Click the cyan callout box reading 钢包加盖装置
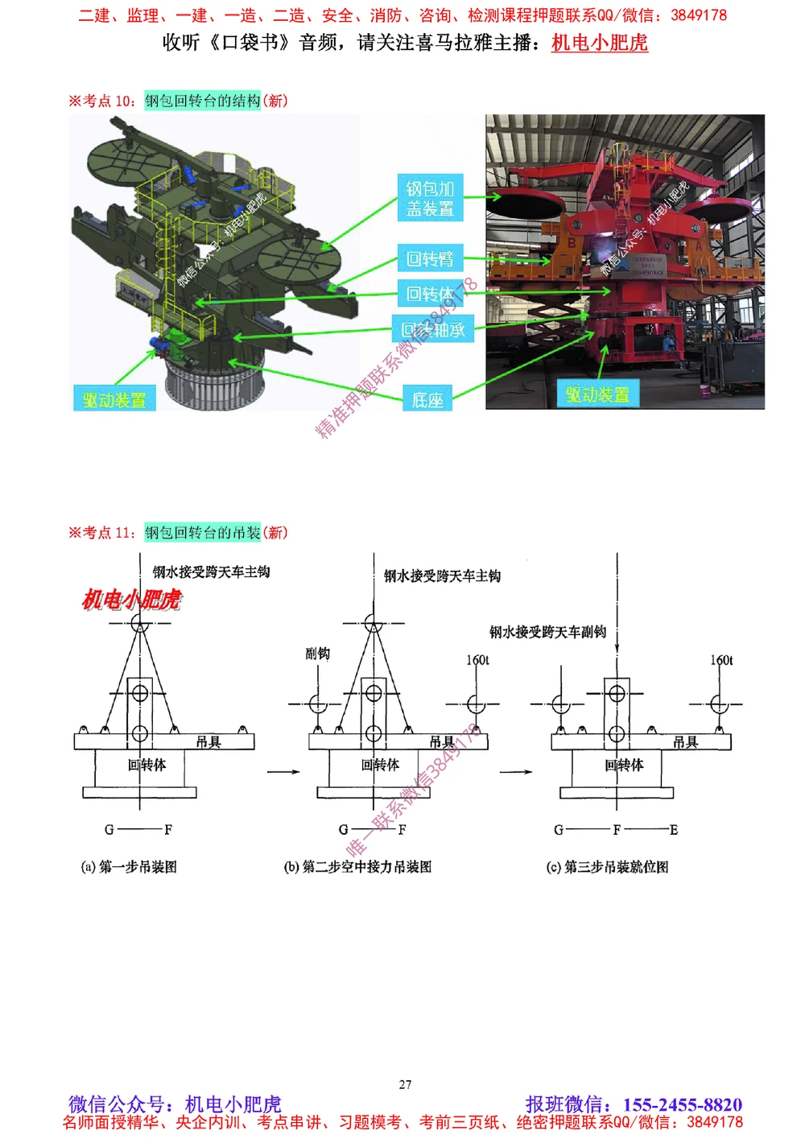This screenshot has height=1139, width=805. pos(430,198)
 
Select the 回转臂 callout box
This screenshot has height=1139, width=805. pos(430,258)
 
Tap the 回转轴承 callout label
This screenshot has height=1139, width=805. pos(433,329)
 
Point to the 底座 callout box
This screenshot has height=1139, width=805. pos(427,399)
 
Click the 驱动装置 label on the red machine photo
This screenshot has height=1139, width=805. pos(597,394)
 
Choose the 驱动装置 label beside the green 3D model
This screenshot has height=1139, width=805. pos(114,399)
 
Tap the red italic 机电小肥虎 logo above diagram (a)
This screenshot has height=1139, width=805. pos(131,599)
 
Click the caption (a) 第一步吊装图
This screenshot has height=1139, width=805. pos(129,867)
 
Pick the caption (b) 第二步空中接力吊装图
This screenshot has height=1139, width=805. pos(357,867)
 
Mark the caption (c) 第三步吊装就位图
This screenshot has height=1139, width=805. pos(607,867)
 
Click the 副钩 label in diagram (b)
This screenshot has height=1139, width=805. pos(317,654)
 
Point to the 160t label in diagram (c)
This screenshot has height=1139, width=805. pos(721,660)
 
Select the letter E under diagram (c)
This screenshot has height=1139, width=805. pos(674,830)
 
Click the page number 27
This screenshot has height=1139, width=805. pos(405,1084)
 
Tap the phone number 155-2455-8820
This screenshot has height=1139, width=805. pos(682,1104)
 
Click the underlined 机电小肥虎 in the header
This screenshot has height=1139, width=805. pos(600,43)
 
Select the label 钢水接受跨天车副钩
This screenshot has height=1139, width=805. pos(547,632)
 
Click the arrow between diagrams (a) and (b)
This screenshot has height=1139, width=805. pos(283,772)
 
